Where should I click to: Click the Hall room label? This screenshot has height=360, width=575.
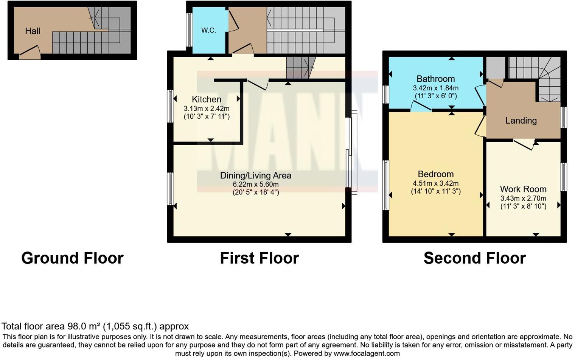[x=33, y=31]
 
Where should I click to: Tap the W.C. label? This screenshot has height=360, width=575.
[x=209, y=30]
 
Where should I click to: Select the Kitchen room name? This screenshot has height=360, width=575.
[x=207, y=99]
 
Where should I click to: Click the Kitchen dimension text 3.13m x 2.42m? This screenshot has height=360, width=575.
[x=207, y=108]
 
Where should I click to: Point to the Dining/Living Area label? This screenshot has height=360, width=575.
[x=256, y=175]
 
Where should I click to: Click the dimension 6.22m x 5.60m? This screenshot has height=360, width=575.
[x=256, y=185]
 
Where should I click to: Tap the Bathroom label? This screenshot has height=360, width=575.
[x=435, y=79]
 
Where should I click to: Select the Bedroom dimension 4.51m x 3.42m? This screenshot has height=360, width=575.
[x=435, y=183]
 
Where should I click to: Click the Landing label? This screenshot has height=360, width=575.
[x=521, y=121]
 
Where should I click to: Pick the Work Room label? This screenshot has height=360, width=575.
[x=523, y=189]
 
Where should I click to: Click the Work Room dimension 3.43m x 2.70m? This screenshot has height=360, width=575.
[x=523, y=199]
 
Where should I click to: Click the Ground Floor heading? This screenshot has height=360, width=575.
[x=72, y=258]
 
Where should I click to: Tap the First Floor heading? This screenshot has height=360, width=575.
[x=260, y=258]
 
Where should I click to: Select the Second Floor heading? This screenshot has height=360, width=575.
[x=475, y=258]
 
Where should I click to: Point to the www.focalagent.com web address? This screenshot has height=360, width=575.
[x=367, y=354]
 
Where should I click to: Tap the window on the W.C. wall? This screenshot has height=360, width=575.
[x=189, y=30]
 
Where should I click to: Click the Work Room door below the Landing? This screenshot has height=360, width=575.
[x=524, y=144]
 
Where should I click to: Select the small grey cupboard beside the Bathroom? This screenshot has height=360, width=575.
[x=495, y=67]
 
